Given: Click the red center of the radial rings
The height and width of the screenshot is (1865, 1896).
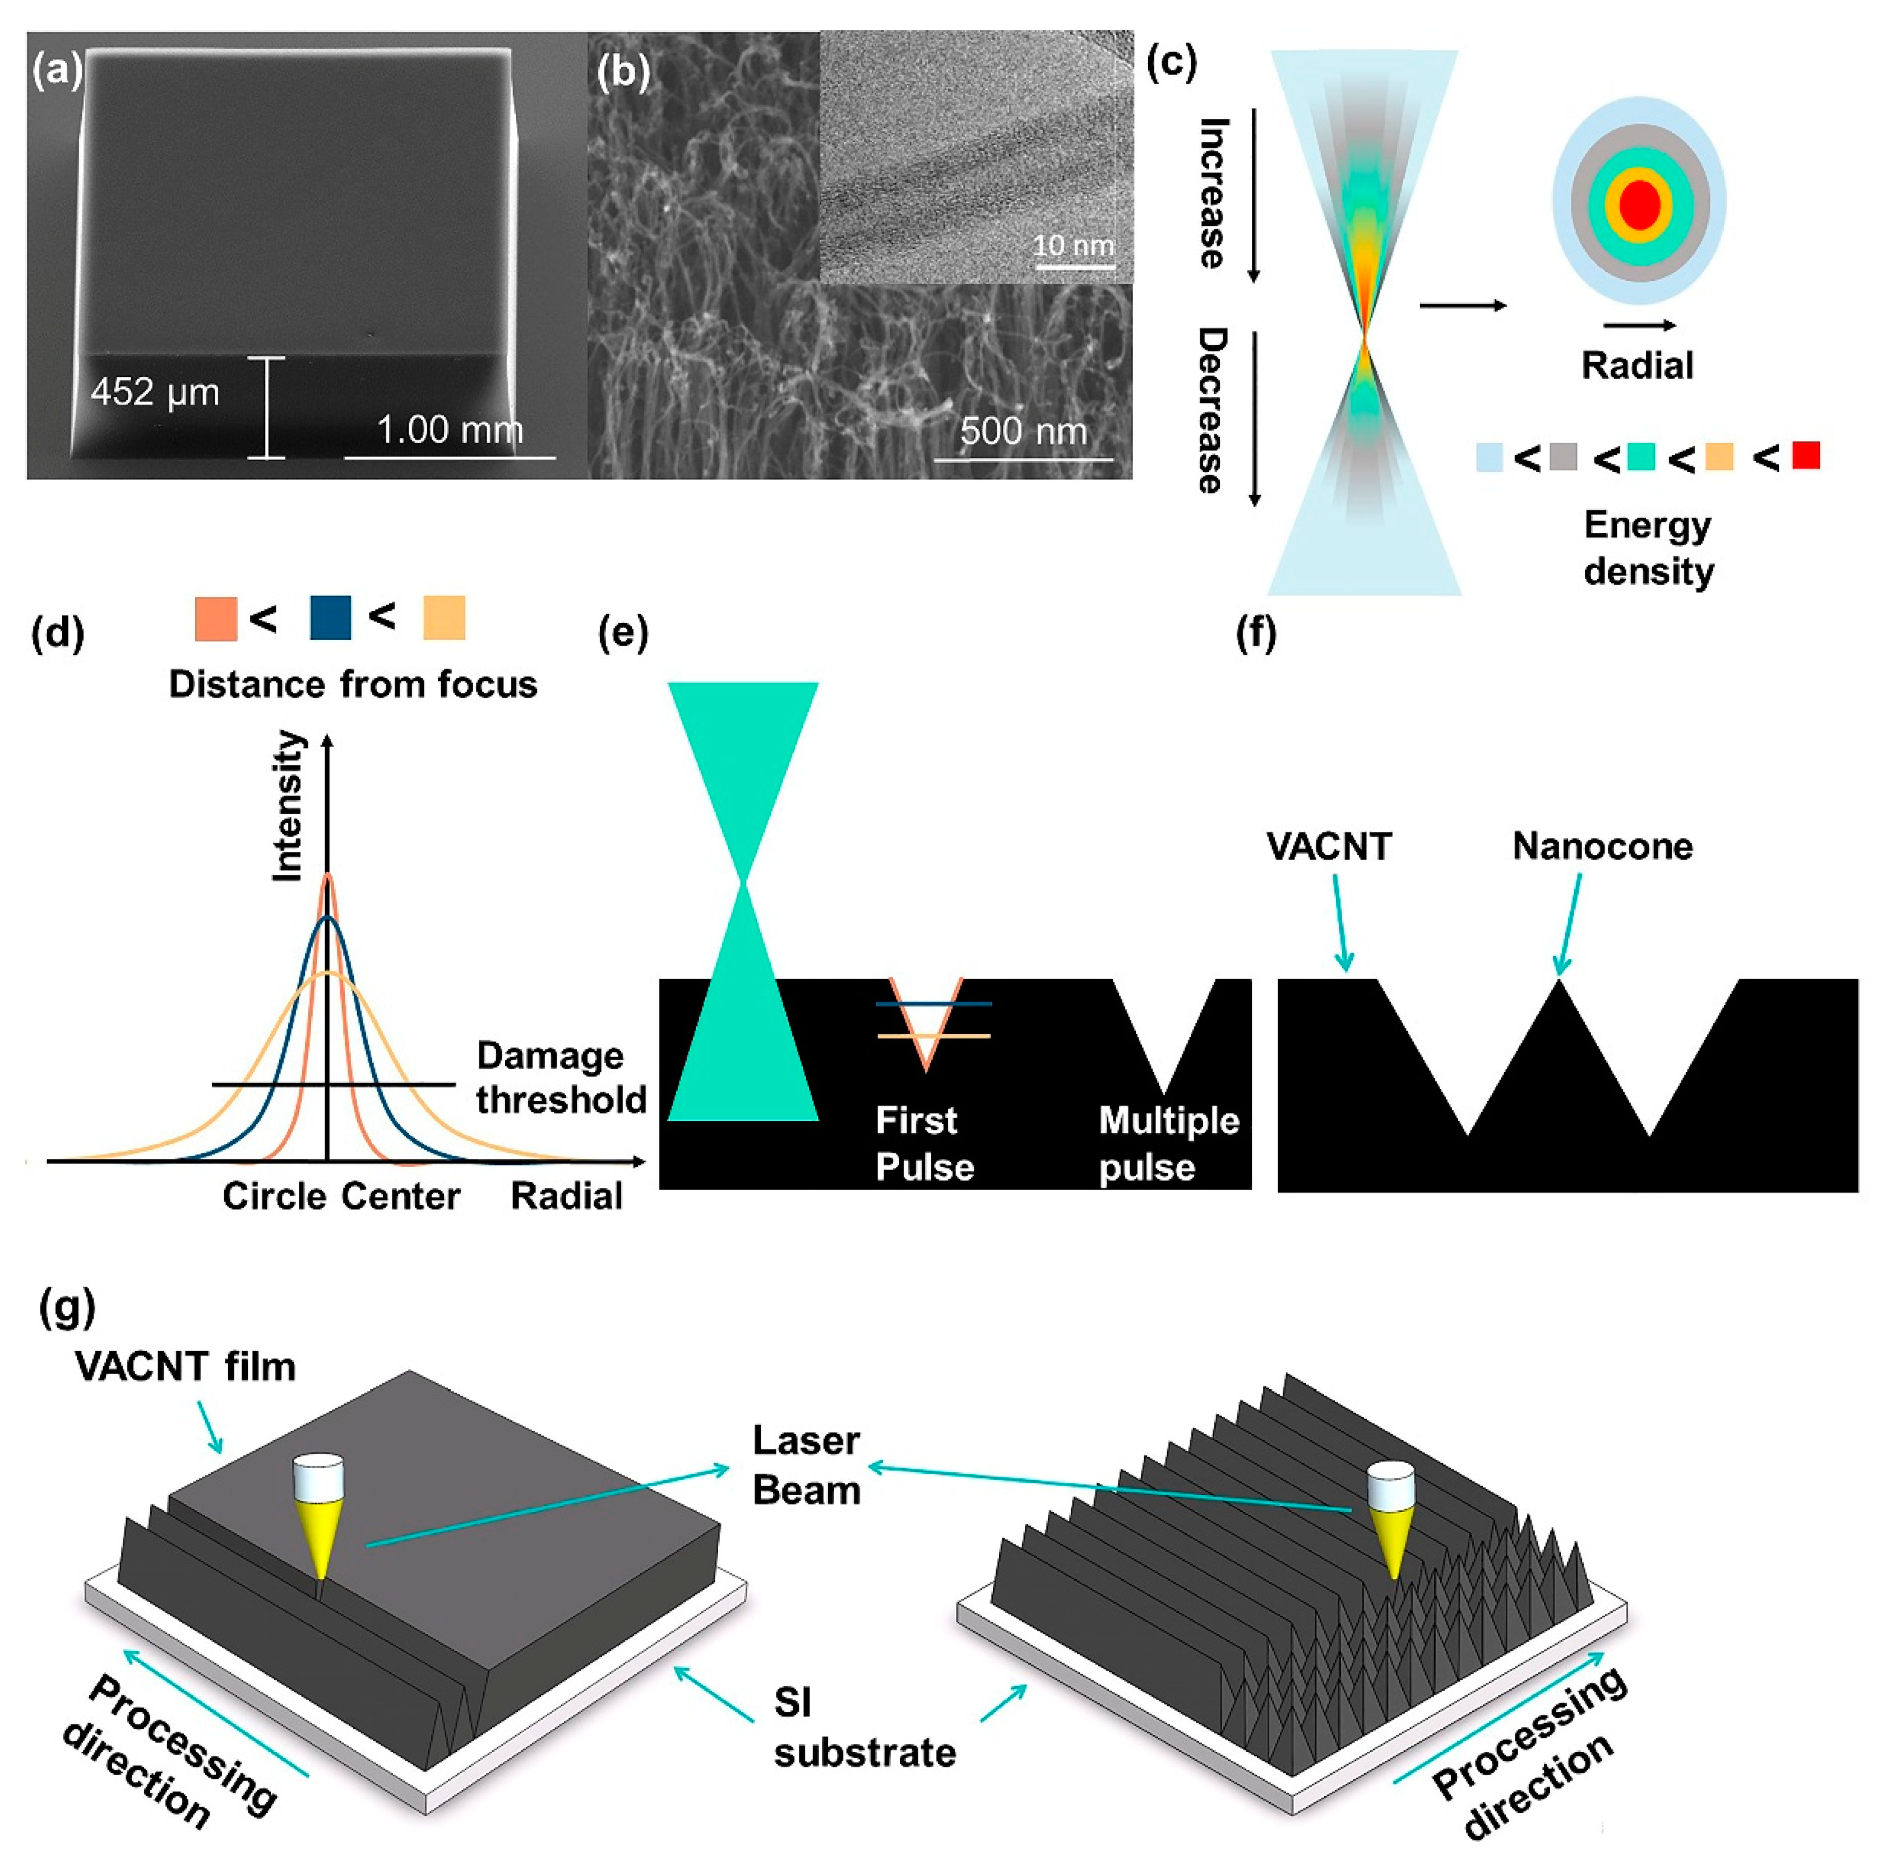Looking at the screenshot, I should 1639,205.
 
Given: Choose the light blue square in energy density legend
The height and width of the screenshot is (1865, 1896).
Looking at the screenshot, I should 1490,457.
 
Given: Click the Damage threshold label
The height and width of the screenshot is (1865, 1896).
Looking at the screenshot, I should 561,1078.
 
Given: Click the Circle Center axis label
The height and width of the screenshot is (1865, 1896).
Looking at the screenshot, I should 341,1196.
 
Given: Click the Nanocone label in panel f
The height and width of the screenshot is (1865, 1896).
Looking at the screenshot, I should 1602,845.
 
